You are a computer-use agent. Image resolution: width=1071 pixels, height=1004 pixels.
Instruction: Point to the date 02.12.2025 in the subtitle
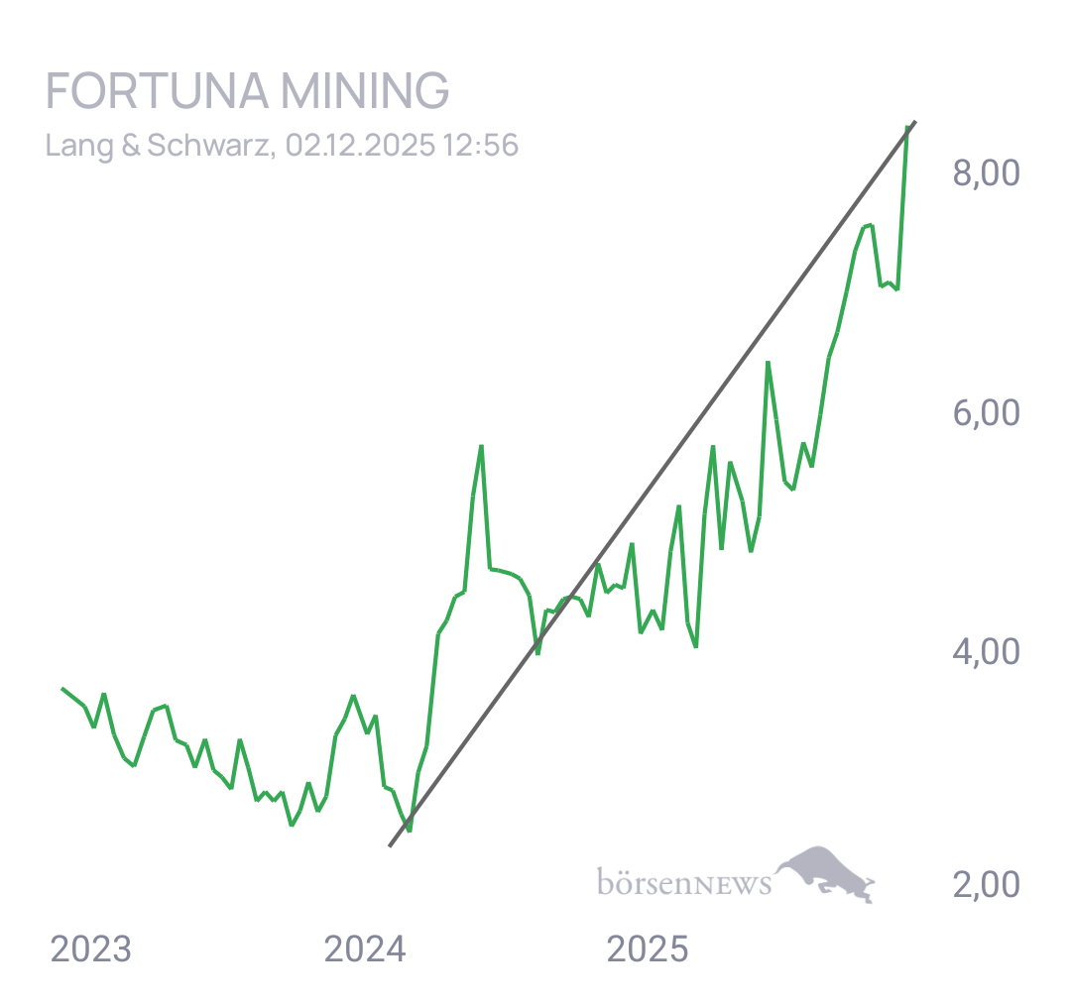(x=359, y=146)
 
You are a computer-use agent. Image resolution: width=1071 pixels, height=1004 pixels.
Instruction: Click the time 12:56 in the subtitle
(x=481, y=146)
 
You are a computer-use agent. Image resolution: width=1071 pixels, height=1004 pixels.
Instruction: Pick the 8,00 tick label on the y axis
(x=986, y=174)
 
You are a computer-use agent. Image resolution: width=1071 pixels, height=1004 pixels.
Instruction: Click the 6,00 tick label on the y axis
(x=986, y=413)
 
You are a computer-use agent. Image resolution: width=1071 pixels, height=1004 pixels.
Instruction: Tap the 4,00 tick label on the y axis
(x=986, y=652)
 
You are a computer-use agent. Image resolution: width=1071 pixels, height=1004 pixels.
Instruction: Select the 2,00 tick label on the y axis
(x=986, y=884)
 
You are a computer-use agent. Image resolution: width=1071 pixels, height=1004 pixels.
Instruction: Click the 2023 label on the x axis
(x=90, y=950)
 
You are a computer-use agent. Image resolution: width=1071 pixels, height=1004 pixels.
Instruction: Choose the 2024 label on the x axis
(x=365, y=950)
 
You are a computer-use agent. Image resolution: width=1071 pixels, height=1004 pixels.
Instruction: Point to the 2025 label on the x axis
(x=647, y=950)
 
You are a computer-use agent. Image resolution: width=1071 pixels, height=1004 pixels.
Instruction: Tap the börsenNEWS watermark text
(x=683, y=882)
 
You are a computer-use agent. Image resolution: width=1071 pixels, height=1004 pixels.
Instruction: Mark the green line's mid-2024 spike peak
(x=481, y=446)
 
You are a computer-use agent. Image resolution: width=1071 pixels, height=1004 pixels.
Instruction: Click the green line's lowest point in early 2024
(x=409, y=830)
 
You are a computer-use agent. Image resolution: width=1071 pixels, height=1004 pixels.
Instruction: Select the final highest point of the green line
(x=907, y=127)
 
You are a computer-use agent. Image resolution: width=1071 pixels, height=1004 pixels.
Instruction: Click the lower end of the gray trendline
(x=389, y=846)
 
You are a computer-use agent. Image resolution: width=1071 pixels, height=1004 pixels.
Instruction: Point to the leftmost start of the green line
(x=61, y=687)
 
